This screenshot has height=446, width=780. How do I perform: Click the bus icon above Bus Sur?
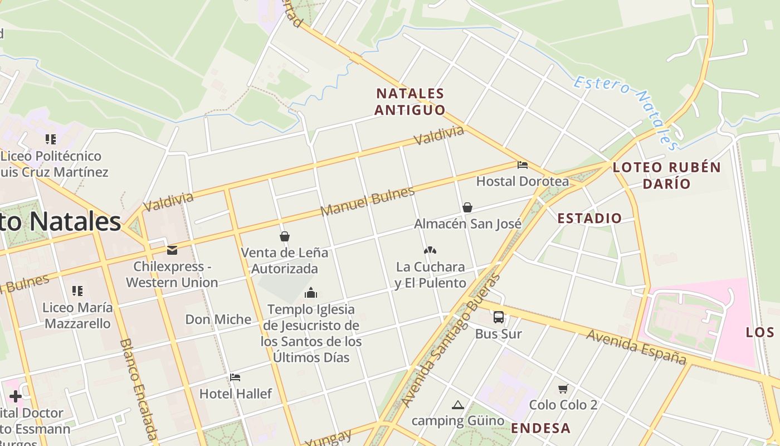pos(499,317)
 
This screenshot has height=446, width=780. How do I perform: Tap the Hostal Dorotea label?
pos(523,181)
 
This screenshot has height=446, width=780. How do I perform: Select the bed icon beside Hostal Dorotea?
pos(523,165)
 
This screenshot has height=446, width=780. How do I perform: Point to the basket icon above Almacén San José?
pos(467,207)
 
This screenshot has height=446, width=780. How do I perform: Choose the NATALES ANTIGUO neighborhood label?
pos(410,101)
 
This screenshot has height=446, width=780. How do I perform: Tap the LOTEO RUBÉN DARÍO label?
pos(667,175)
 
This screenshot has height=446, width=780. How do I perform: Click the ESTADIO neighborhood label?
pos(589,218)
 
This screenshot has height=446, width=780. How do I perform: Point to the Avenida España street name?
pos(636,346)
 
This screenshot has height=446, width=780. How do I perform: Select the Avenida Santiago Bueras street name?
pos(451,341)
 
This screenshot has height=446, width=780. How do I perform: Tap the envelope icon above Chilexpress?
pos(172,250)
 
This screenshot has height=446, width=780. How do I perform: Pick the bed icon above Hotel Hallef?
pos(235,377)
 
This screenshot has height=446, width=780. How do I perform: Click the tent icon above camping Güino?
pos(458,405)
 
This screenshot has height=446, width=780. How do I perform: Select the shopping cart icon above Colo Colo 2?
pos(563,389)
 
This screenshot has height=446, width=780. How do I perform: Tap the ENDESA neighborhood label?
pos(540,428)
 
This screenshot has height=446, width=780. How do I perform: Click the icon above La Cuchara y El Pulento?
pos(430,250)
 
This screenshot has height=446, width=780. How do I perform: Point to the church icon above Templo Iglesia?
pos(311,293)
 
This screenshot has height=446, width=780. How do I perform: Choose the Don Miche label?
pos(218,319)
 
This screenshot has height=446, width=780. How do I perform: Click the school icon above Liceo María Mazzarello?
pos(77,291)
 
